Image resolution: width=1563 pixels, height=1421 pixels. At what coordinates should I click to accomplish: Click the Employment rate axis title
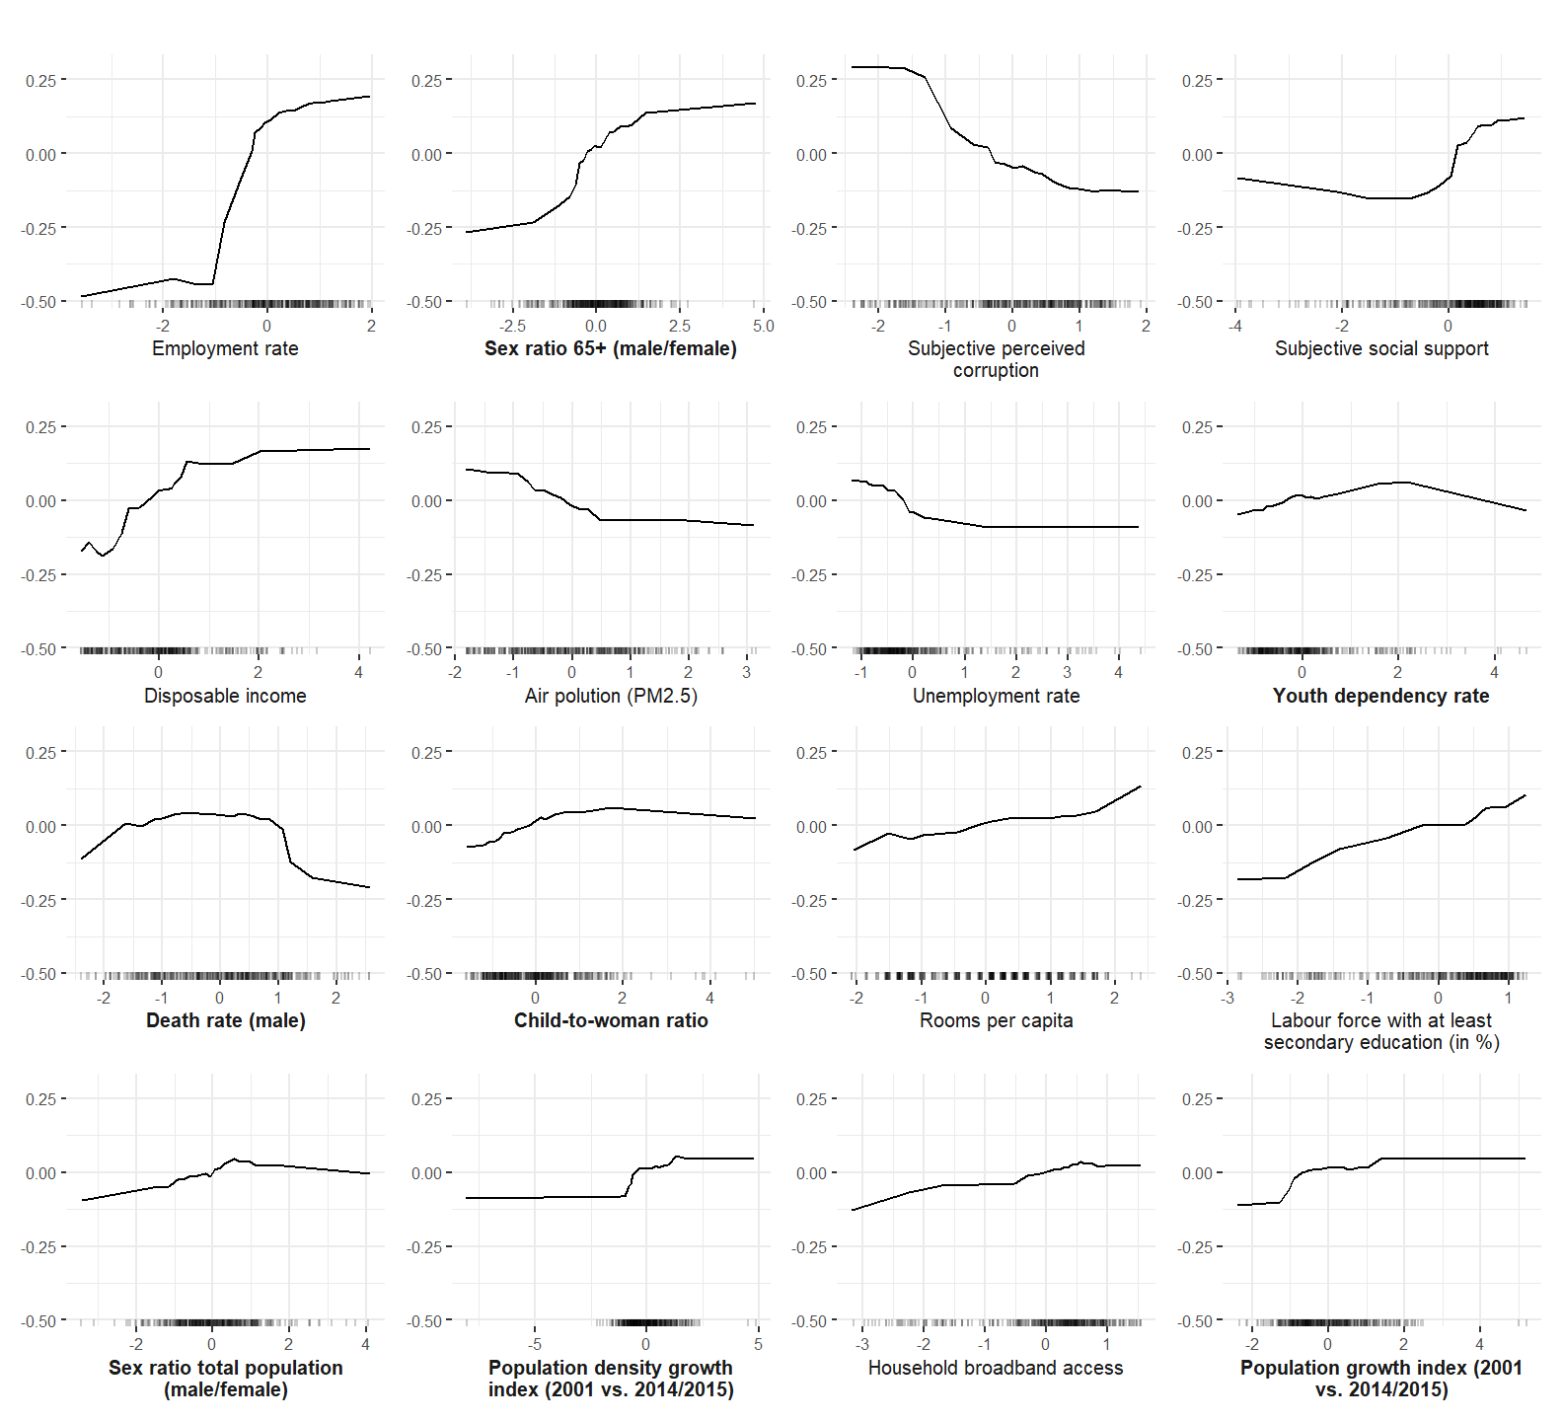click(x=225, y=348)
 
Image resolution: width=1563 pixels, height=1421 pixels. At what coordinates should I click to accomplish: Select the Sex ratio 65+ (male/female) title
click(x=610, y=348)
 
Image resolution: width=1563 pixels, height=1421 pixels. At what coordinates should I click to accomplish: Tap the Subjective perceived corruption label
click(x=996, y=359)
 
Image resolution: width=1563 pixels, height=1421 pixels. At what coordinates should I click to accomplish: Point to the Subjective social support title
click(x=1381, y=348)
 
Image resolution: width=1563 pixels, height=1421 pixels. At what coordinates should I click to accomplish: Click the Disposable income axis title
click(x=225, y=696)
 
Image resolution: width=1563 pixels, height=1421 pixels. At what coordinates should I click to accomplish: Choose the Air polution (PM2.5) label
click(x=611, y=696)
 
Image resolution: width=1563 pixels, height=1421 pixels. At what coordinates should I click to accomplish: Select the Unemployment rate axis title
click(x=996, y=696)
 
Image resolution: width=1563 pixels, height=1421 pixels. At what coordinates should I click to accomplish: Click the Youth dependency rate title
click(x=1380, y=696)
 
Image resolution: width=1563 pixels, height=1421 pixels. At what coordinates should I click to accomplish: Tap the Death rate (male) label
click(x=225, y=1020)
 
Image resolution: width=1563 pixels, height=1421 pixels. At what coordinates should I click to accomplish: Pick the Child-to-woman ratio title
click(x=611, y=1020)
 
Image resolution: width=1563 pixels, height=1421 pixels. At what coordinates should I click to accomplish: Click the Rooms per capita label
click(x=996, y=1020)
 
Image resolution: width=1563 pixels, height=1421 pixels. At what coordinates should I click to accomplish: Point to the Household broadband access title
click(x=996, y=1368)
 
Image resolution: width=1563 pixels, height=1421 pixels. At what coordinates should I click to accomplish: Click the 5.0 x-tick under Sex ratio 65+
click(x=763, y=326)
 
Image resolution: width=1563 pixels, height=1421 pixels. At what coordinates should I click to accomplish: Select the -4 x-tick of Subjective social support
click(x=1234, y=326)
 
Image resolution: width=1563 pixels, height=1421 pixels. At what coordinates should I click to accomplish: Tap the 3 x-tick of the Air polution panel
click(x=746, y=673)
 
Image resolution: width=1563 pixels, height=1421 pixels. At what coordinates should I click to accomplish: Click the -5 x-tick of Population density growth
click(x=534, y=1344)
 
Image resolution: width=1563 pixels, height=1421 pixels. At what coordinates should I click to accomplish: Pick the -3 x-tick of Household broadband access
click(x=861, y=1344)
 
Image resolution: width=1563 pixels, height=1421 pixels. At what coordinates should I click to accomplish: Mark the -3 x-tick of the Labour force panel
click(x=1227, y=998)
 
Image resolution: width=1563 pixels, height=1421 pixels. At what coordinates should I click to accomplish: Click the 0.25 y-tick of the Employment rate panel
click(x=40, y=80)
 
